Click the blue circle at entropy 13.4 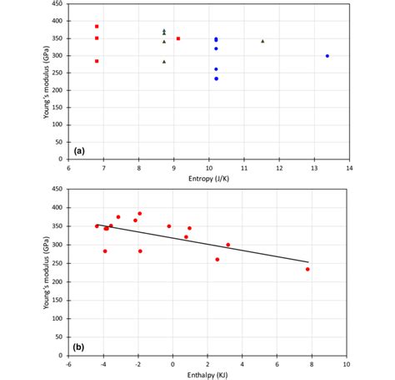(x=327, y=56)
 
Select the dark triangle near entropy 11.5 (x=262, y=41)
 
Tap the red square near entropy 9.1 (x=178, y=38)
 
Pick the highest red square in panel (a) (x=97, y=27)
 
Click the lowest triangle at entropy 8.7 (x=164, y=61)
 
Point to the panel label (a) (x=79, y=150)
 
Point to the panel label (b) (x=79, y=346)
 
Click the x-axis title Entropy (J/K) (x=208, y=179)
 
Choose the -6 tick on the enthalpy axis (x=69, y=364)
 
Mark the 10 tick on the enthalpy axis (x=346, y=364)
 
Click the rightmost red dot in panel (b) (x=307, y=269)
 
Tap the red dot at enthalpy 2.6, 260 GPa (x=217, y=259)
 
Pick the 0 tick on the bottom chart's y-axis (x=62, y=355)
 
